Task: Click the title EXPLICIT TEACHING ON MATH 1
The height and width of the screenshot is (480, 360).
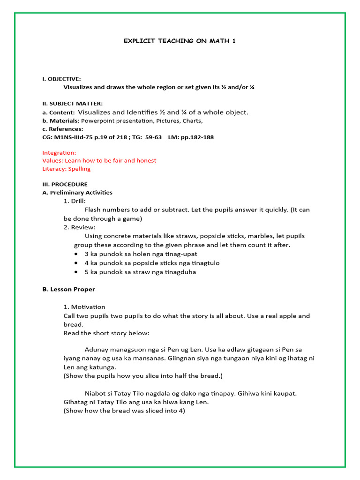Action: [180, 41]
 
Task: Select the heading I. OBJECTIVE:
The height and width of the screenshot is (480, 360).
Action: [61, 79]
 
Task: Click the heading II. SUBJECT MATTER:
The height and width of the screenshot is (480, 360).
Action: [72, 103]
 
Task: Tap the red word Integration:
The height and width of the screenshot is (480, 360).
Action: [59, 153]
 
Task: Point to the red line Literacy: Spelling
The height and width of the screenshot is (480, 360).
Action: [66, 169]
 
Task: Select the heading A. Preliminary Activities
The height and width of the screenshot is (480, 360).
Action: [77, 193]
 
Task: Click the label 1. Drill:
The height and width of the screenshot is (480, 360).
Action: [75, 201]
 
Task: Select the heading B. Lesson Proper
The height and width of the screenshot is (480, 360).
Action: [68, 289]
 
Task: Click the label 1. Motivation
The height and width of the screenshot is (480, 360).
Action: [84, 307]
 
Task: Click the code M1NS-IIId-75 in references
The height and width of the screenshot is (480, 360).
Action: [75, 137]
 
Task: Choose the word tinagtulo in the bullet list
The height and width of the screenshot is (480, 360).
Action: [205, 263]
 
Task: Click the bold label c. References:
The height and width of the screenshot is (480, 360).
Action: [62, 129]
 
